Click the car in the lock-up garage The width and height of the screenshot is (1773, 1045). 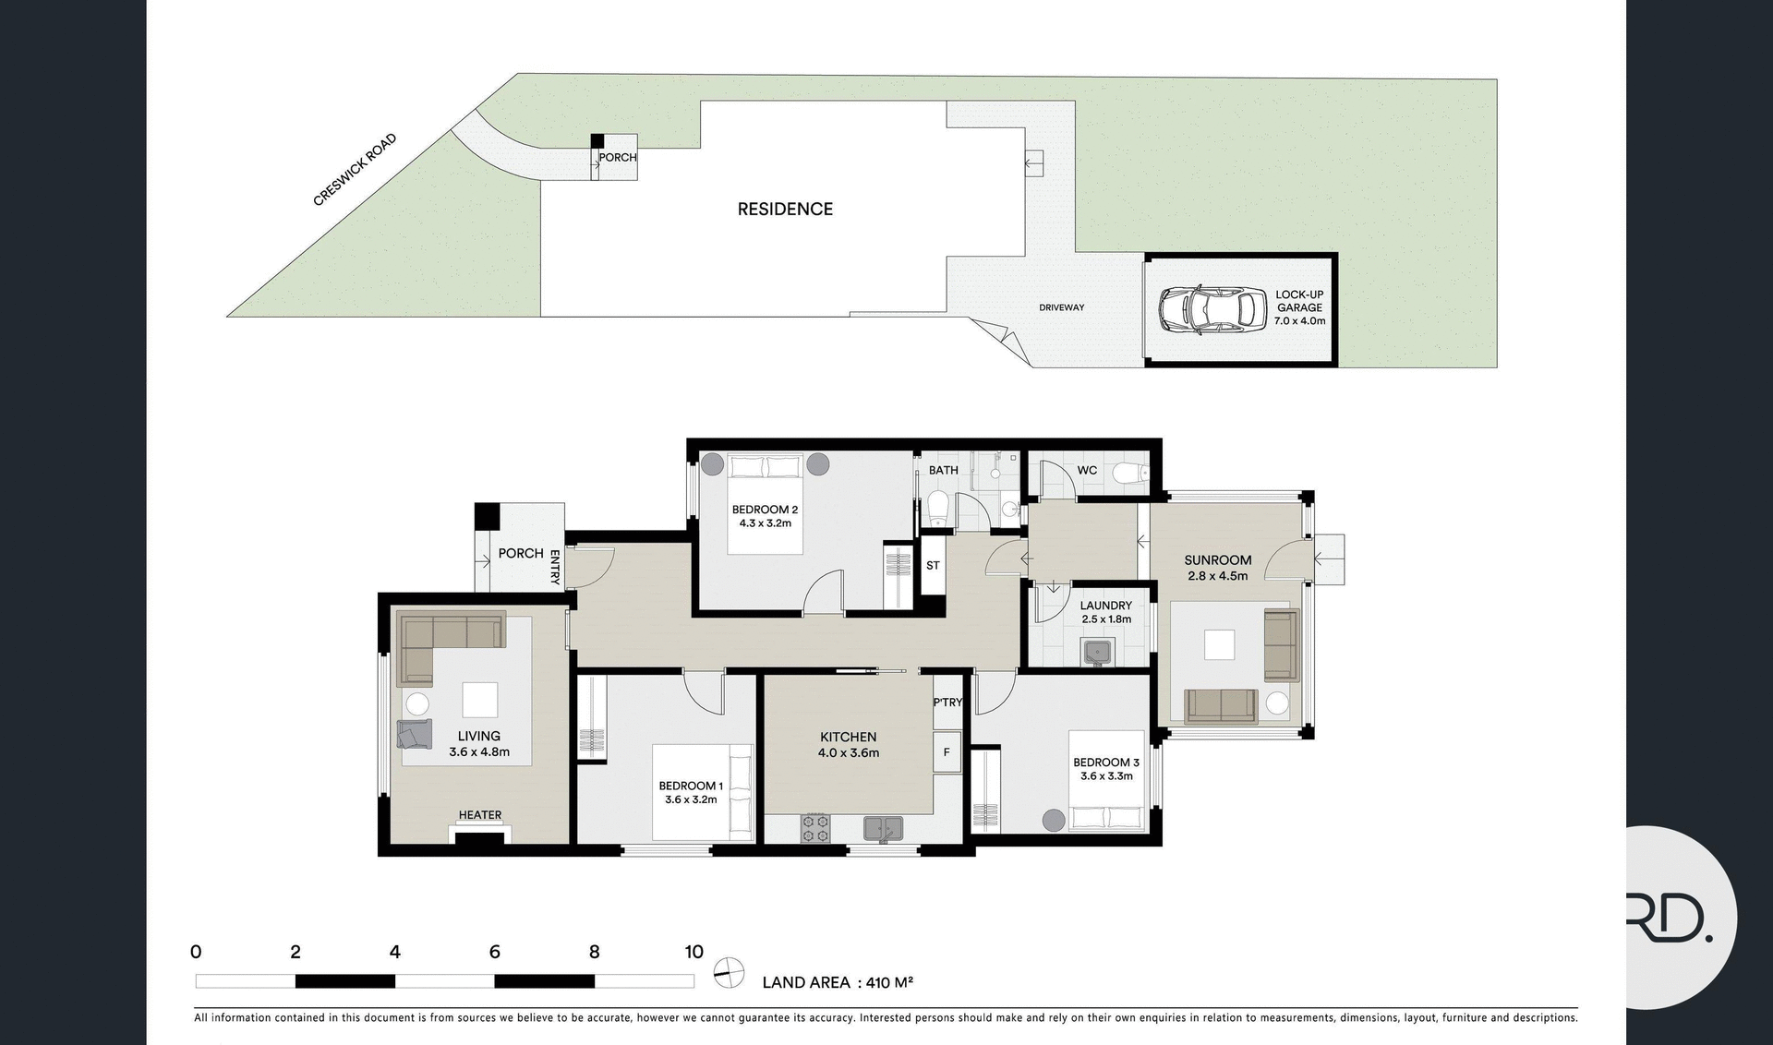[x=1212, y=309]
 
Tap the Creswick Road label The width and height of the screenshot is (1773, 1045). [x=355, y=170]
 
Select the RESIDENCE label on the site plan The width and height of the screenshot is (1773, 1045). [x=785, y=210]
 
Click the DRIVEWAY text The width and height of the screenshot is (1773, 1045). [x=1061, y=307]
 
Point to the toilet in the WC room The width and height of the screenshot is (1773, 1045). [x=1129, y=474]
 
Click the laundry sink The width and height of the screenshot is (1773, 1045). [x=1097, y=653]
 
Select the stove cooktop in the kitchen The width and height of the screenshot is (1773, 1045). [x=814, y=827]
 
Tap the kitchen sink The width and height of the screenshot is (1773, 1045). [x=884, y=827]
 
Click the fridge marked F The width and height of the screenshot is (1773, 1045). [x=947, y=752]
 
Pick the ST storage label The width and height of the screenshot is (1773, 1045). [x=933, y=565]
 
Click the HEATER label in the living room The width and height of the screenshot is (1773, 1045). [x=480, y=815]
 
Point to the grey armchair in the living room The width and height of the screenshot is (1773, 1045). [x=415, y=734]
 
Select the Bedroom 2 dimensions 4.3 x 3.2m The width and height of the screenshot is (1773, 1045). [x=765, y=523]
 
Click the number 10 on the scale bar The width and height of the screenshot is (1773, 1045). [x=694, y=952]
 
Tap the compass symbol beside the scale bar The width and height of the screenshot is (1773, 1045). [x=730, y=972]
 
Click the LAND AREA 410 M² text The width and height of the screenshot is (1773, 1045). [x=837, y=982]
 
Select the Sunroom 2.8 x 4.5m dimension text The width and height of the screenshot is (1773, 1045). [x=1217, y=576]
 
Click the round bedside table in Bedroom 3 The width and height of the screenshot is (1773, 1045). [x=1053, y=819]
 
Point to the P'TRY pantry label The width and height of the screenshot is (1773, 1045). [x=947, y=703]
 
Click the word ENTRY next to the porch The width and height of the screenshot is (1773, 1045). [x=555, y=567]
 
